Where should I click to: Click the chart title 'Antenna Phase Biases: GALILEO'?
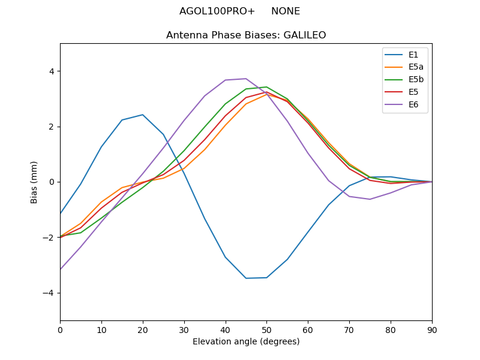[x=246, y=35]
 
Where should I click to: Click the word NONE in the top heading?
[x=286, y=11]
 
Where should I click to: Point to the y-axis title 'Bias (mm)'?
[x=34, y=182]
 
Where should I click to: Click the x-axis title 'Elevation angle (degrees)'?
[x=246, y=342]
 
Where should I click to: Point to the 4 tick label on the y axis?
[x=52, y=71]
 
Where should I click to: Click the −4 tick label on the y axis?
[x=49, y=293]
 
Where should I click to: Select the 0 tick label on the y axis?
[x=52, y=182]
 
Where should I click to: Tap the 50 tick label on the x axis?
[x=266, y=329]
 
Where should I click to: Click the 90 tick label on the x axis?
[x=432, y=329]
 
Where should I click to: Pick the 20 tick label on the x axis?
[x=143, y=329]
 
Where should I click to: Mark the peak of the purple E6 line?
[x=246, y=79]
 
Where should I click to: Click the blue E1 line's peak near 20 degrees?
[x=143, y=115]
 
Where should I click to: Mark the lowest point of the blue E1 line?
[x=246, y=278]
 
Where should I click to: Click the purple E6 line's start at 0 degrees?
[x=61, y=269]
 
